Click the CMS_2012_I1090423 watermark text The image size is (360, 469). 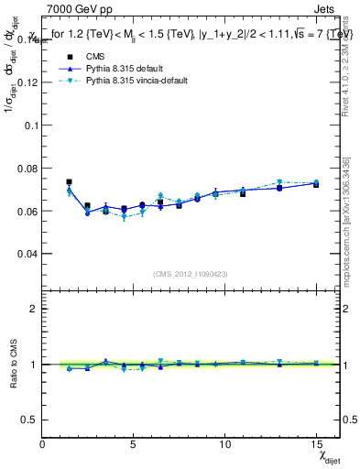point(190,274)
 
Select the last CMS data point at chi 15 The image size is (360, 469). point(316,184)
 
